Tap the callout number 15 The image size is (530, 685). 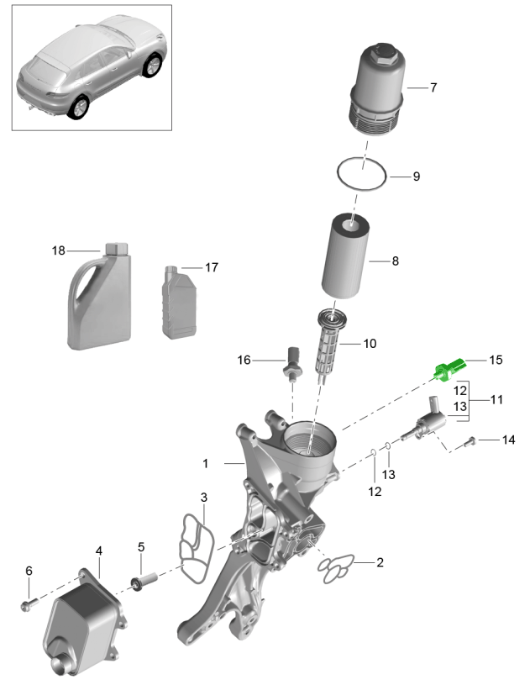pos(496,360)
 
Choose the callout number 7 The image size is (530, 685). pos(433,87)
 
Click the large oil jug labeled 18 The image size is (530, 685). pos(97,303)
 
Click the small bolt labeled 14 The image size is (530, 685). pos(471,439)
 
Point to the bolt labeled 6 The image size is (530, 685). pos(29,602)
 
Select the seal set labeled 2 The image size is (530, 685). pos(338,569)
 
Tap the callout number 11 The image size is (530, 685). pos(496,399)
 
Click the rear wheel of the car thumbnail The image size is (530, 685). pos(79,108)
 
